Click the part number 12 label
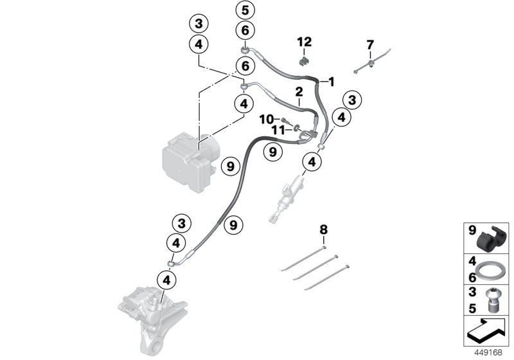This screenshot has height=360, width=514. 304,42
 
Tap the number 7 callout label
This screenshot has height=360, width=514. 369,44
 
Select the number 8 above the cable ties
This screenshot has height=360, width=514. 323,229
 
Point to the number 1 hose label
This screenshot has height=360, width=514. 332,82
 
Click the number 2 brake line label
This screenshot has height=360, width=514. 299,93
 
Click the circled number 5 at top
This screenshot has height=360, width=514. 245,10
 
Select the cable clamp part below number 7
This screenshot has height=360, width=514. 372,64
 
